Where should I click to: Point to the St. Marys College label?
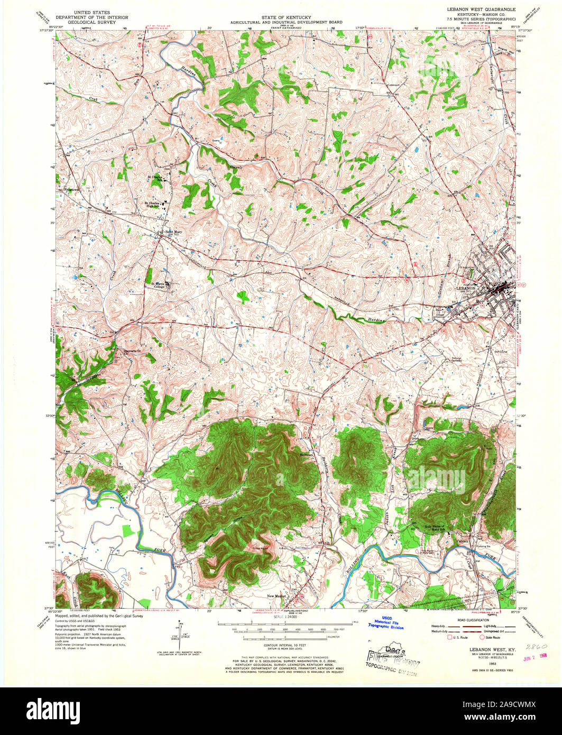coord(157,285)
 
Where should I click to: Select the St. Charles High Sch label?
coord(154,203)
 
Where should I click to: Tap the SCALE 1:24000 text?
coord(286,617)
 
